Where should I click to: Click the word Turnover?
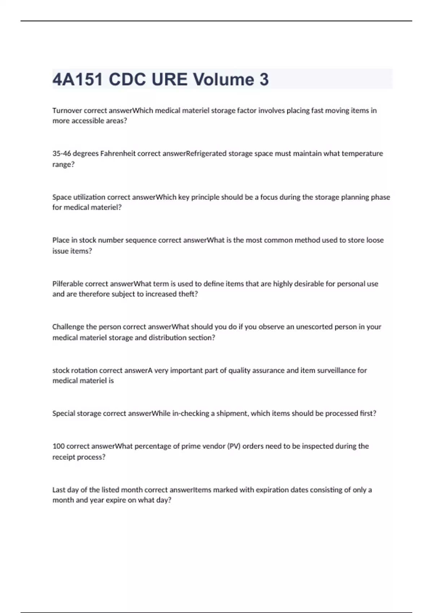pyautogui.click(x=67, y=110)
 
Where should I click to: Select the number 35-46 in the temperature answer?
pyautogui.click(x=61, y=154)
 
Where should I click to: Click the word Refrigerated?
pyautogui.click(x=206, y=154)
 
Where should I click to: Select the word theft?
pyautogui.click(x=188, y=294)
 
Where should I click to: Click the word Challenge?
pyautogui.click(x=68, y=327)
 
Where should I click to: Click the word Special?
pyautogui.click(x=64, y=413)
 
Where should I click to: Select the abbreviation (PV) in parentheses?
pyautogui.click(x=233, y=446)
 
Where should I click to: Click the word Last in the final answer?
pyautogui.click(x=59, y=490)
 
